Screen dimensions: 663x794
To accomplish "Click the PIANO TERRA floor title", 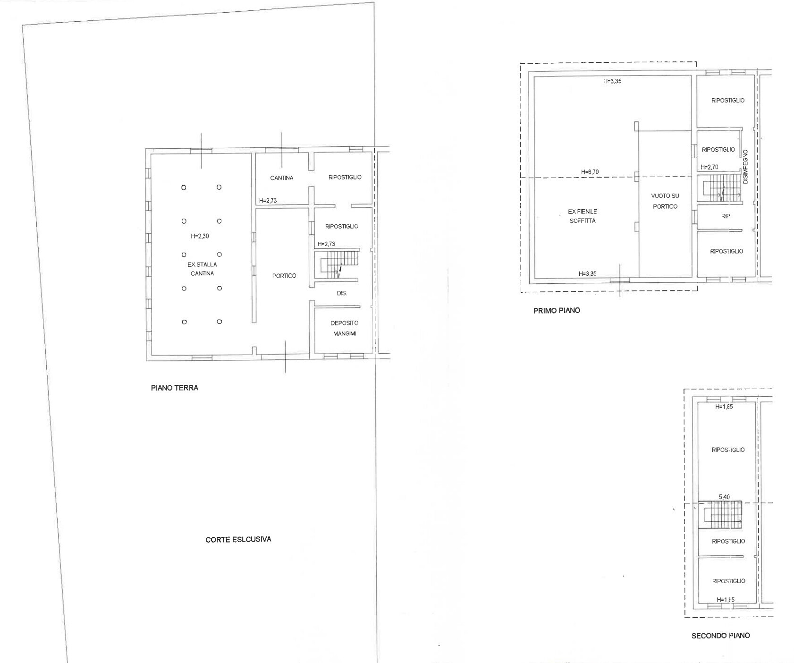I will pos(174,388).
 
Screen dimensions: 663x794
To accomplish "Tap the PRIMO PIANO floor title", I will pos(556,310).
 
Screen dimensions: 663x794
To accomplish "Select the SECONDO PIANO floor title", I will pos(720,636).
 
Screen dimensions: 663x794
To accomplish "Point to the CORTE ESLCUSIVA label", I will pos(238,539).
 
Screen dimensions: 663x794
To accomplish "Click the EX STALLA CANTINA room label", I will pos(202,269).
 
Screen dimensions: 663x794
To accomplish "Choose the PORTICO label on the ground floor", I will pos(284,276).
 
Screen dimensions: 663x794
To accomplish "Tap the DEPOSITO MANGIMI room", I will pos(344,328).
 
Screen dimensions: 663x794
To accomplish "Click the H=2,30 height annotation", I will pos(200,236).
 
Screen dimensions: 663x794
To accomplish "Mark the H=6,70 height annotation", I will pos(590,172).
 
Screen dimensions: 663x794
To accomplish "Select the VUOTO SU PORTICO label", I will pos(665,201).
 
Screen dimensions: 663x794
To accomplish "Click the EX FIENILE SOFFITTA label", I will pos(582,216).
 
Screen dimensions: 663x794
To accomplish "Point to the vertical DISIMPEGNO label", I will pos(745,167).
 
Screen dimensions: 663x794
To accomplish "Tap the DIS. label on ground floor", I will pos(342,293).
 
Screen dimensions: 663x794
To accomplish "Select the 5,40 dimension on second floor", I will pos(724,497).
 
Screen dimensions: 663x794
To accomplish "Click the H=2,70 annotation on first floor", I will pos(709,167).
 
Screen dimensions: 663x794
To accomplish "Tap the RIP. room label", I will pos(726,216).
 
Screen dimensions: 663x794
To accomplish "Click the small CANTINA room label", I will pos(281,178).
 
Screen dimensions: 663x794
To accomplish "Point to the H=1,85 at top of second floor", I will pos(724,407).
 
